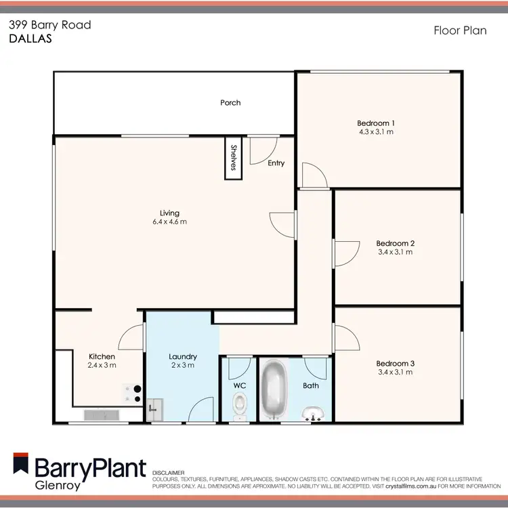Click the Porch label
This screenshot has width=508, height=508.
click(230, 103)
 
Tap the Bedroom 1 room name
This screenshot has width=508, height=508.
click(376, 123)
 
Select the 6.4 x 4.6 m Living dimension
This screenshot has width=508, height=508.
click(169, 221)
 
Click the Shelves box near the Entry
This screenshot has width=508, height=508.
click(234, 158)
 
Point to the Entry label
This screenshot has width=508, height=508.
click(276, 163)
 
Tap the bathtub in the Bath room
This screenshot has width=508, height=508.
click(274, 389)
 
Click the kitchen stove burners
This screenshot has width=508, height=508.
click(131, 394)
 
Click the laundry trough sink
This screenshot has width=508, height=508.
click(155, 406)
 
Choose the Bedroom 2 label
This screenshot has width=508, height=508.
click(395, 243)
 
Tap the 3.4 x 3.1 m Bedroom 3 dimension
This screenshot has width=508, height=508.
click(395, 372)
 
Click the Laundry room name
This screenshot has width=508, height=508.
click(183, 356)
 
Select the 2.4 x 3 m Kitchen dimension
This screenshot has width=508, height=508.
click(102, 365)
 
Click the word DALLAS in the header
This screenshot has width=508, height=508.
click(30, 39)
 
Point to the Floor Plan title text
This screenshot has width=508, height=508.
click(460, 30)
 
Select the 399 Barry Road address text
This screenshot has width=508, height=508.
click(49, 25)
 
